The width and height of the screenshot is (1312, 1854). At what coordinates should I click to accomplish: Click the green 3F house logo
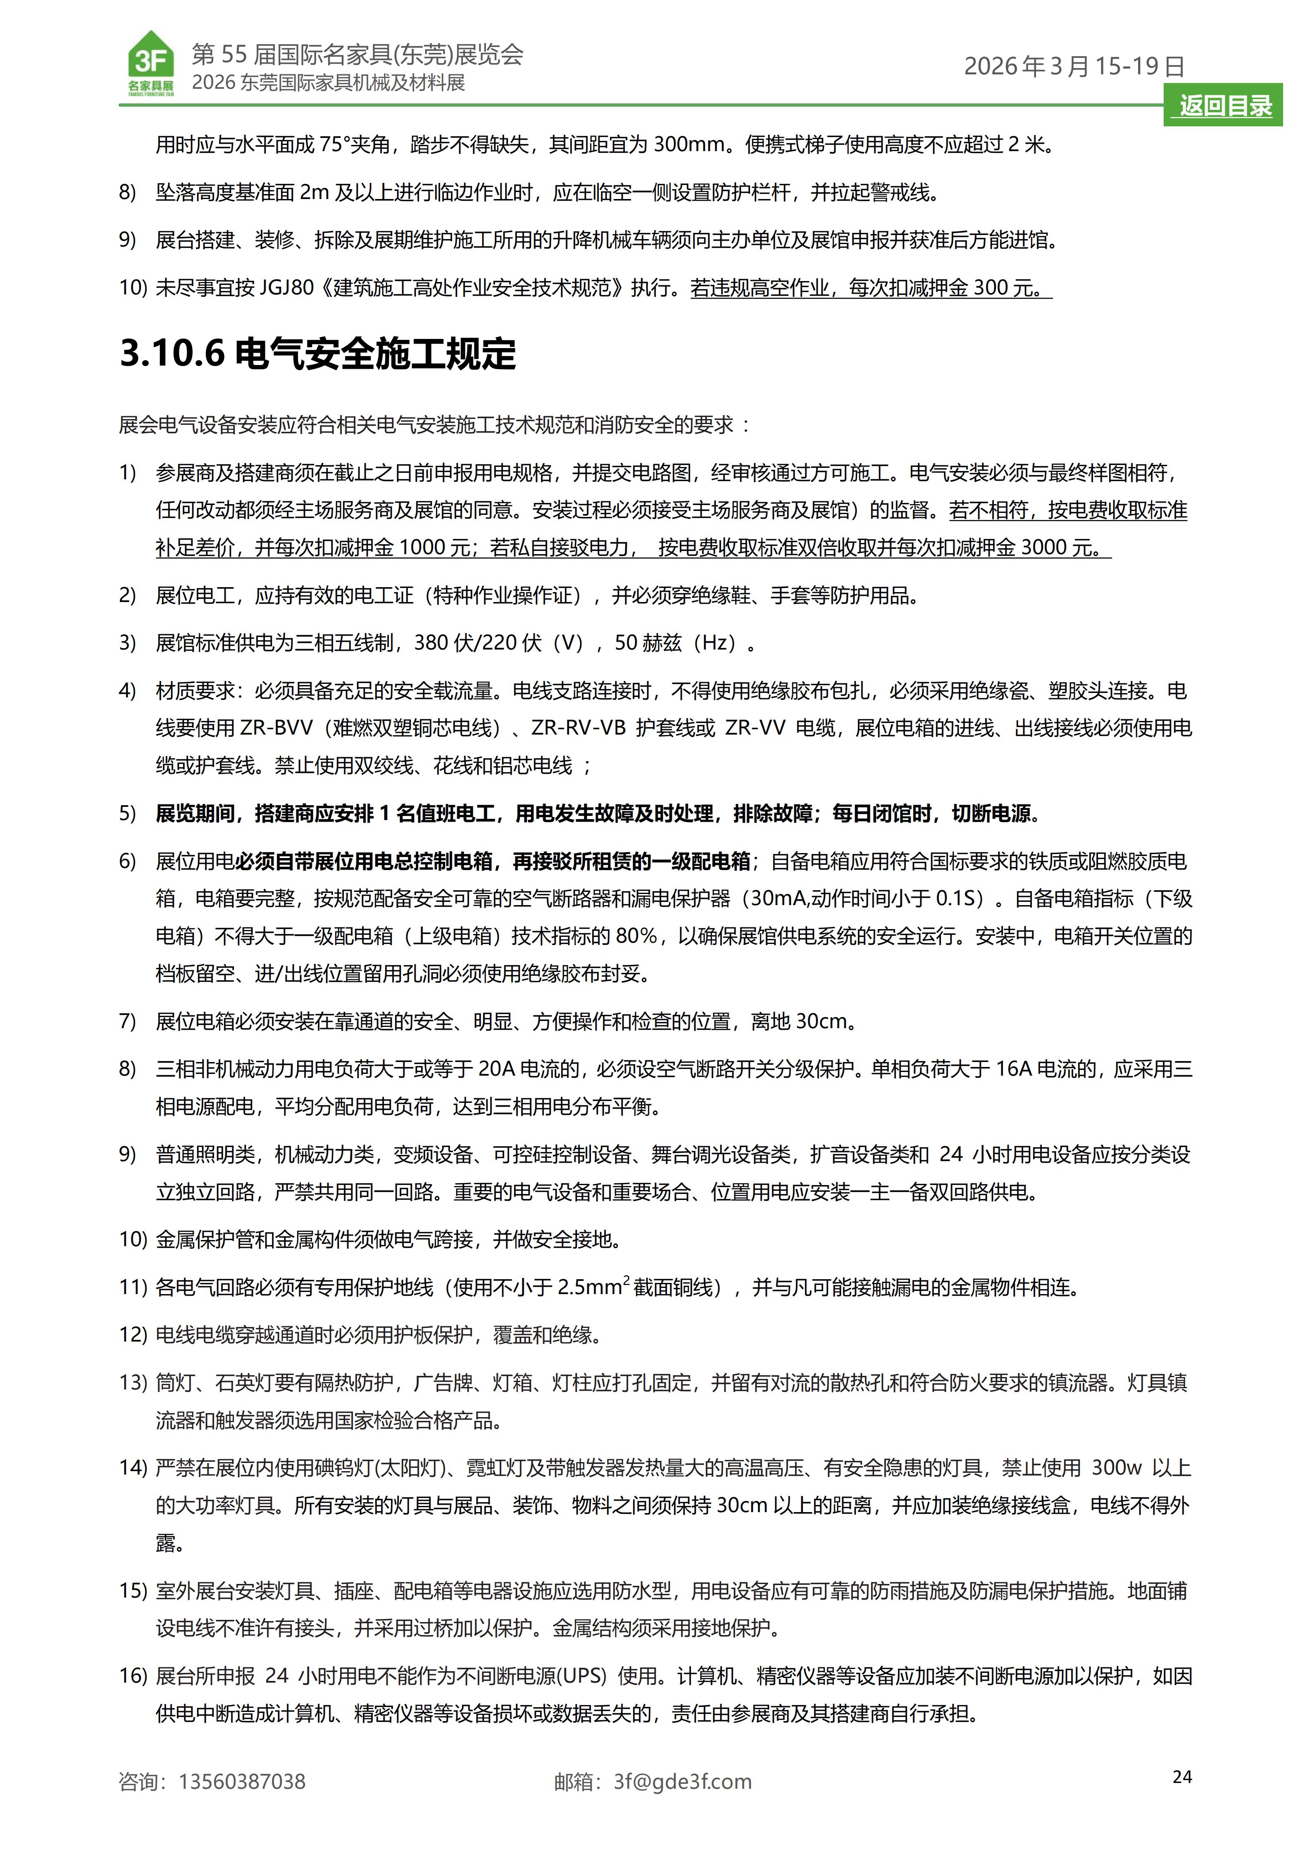pyautogui.click(x=151, y=63)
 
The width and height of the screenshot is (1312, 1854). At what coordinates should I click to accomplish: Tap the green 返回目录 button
pyautogui.click(x=1225, y=106)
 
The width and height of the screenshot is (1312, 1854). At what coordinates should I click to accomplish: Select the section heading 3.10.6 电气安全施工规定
pyautogui.click(x=317, y=354)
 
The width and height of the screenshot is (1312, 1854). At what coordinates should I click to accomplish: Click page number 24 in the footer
pyautogui.click(x=1182, y=1776)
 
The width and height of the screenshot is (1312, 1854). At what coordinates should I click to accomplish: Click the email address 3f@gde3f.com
pyautogui.click(x=683, y=1781)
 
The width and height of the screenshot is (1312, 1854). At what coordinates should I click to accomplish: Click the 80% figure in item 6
pyautogui.click(x=637, y=936)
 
